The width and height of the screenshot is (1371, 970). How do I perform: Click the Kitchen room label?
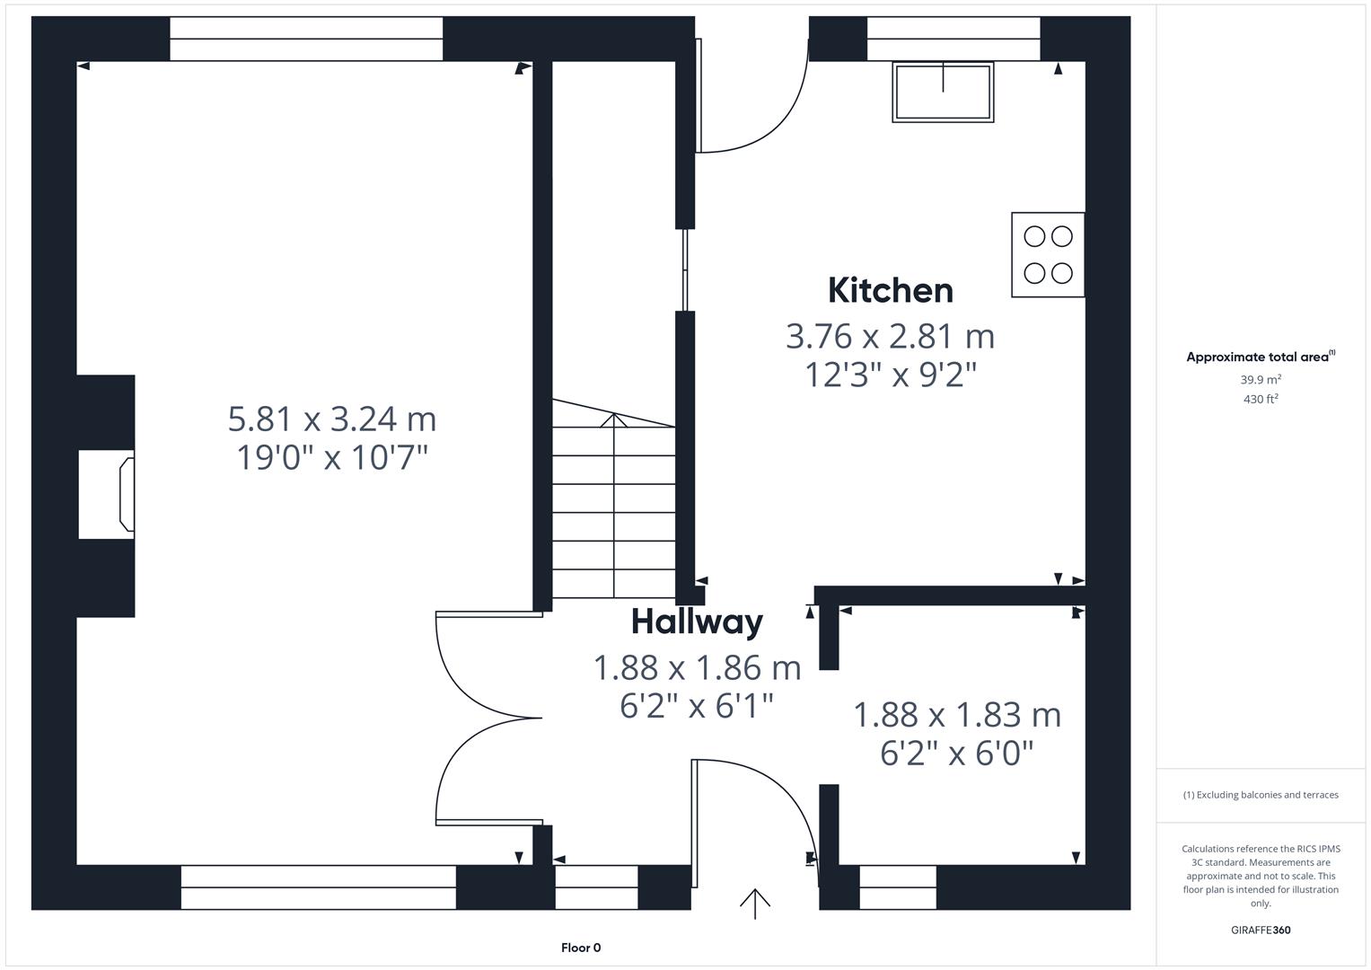[890, 290]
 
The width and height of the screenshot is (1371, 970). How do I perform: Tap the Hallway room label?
[697, 622]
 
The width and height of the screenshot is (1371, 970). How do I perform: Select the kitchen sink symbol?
[943, 92]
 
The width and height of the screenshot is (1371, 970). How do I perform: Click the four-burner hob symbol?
[1048, 254]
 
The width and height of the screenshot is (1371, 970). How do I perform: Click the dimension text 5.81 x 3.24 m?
[332, 419]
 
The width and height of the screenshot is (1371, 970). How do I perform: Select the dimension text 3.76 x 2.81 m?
[890, 336]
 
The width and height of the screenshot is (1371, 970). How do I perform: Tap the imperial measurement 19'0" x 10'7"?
[332, 457]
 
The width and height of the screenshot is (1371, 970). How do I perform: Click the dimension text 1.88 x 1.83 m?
[956, 715]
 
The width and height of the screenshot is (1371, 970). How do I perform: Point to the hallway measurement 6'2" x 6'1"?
[697, 706]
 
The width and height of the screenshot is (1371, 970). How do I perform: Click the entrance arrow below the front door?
[755, 903]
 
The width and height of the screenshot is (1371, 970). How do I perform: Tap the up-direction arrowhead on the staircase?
[614, 420]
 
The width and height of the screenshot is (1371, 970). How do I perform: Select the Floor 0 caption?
[581, 948]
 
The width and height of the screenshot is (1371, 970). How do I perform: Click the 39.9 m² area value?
[1261, 380]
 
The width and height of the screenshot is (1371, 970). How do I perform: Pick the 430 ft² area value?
[1261, 400]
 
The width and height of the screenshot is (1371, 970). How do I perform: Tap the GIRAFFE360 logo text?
[1261, 930]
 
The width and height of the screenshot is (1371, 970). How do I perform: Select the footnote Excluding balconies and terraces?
[1261, 795]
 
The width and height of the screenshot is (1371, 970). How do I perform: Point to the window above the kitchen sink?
[953, 39]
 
